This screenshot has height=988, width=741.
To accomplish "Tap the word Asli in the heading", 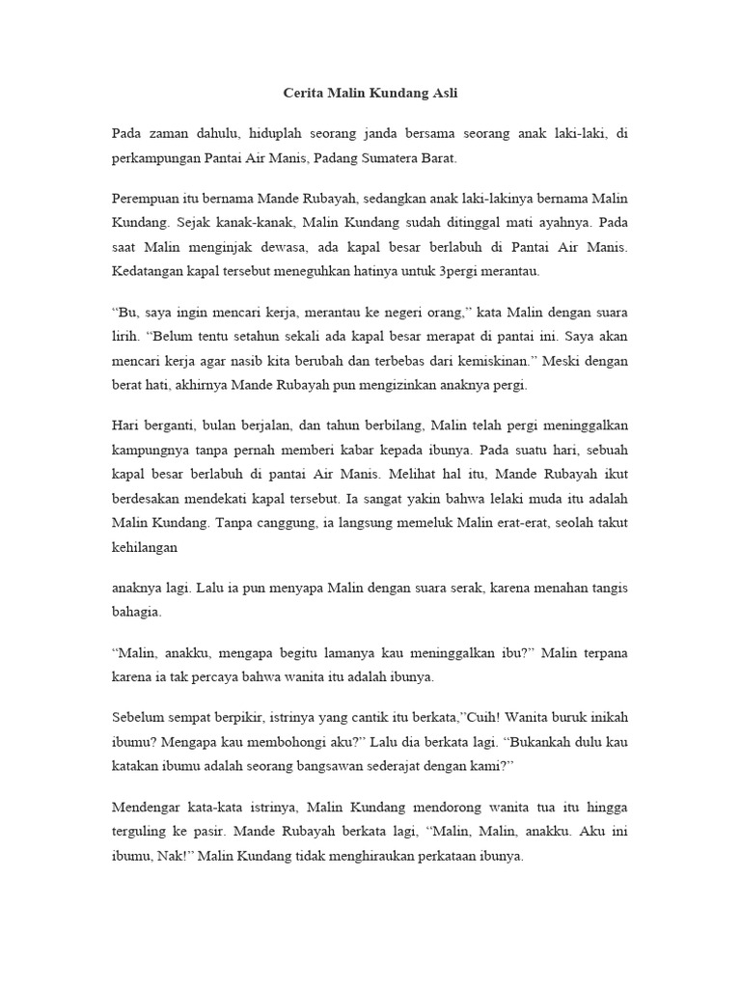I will [442, 95].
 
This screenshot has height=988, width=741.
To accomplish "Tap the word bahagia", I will [136, 612].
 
